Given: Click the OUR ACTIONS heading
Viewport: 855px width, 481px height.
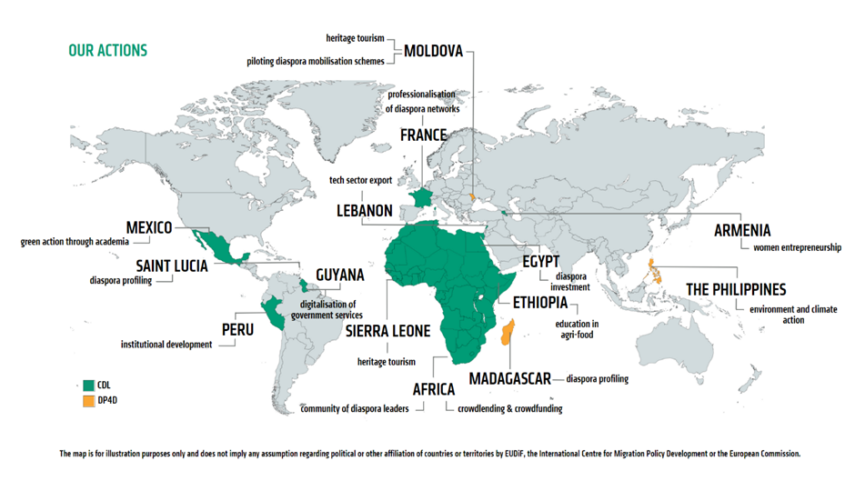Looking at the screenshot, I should (107, 50).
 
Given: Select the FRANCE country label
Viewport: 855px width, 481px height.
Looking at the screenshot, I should (423, 135).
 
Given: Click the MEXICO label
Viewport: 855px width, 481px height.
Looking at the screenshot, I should (149, 226).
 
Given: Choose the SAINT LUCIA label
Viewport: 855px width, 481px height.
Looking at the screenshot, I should (172, 266).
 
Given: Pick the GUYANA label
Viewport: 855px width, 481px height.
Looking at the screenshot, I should (339, 275).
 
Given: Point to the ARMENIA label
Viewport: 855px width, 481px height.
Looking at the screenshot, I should (742, 230).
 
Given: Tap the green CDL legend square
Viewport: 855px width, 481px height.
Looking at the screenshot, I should (88, 385).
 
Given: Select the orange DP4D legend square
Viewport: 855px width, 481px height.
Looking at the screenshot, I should (88, 401).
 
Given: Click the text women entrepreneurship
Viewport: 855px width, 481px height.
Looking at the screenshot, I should (797, 247).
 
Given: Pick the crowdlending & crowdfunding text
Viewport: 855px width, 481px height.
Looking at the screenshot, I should (509, 409).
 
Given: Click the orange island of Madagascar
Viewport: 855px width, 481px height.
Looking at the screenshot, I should (508, 333).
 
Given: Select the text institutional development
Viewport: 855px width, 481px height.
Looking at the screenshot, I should (166, 345).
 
